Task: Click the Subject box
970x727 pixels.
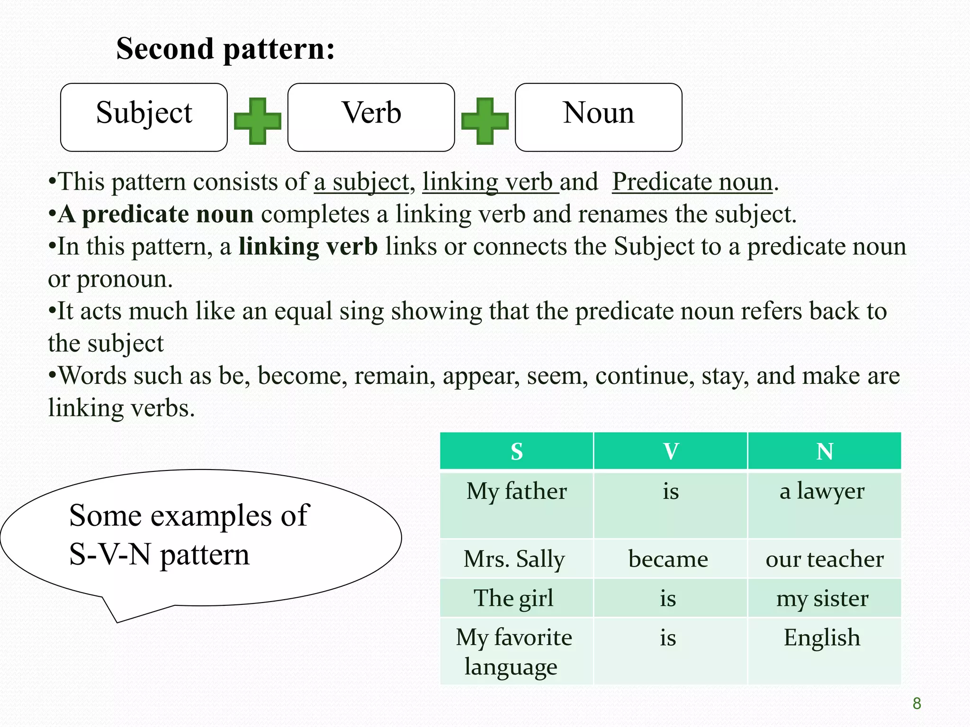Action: [144, 117]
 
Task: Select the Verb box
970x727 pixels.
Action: [371, 117]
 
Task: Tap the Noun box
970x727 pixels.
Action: [598, 117]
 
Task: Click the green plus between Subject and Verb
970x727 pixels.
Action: [258, 121]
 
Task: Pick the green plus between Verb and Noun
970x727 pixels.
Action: [485, 121]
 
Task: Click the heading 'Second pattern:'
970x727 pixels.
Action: [225, 49]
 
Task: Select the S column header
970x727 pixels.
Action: [517, 451]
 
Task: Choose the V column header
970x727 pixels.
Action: [671, 451]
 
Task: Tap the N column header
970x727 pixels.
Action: [825, 451]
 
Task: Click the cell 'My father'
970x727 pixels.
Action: [517, 491]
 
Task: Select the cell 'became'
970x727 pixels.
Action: [668, 559]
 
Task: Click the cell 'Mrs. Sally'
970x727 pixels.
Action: [514, 559]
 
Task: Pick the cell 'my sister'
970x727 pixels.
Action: [822, 599]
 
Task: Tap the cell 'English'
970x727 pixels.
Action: [822, 638]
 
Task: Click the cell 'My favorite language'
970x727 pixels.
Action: [514, 652]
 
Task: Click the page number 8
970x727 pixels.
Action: [917, 704]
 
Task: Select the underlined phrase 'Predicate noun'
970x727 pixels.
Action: [692, 182]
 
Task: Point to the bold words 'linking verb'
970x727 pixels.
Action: [308, 247]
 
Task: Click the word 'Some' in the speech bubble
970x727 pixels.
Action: [105, 515]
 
